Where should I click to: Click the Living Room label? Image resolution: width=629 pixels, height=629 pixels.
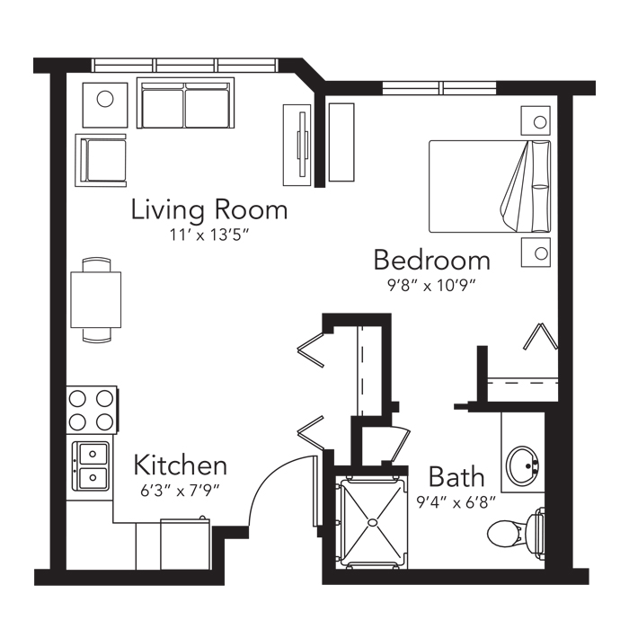pos(209,209)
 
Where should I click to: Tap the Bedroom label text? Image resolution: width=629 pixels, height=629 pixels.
pos(432,260)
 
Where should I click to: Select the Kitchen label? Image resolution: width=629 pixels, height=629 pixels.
pos(180,465)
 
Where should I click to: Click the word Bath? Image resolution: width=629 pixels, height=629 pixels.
pos(456,476)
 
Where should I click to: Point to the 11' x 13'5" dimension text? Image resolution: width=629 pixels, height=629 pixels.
pos(207,235)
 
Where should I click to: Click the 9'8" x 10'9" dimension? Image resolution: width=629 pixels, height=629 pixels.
pos(431,286)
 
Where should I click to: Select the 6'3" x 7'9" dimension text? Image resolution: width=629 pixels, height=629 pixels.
pos(180,491)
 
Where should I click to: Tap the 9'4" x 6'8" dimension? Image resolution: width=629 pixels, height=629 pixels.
pos(456,501)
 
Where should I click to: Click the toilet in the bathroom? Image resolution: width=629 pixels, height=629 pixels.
pos(516,533)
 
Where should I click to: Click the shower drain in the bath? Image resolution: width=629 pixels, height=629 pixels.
pos(372,522)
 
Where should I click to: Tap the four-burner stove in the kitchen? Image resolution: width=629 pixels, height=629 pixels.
pos(92,410)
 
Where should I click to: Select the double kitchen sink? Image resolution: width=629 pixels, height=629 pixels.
pos(90,466)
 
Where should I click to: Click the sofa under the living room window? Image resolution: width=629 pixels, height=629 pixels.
pos(185,103)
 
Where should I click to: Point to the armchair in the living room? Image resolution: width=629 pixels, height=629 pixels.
pos(102,161)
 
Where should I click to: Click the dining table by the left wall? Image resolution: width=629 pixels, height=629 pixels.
pos(96,299)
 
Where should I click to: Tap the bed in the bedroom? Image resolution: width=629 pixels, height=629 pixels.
pos(490,187)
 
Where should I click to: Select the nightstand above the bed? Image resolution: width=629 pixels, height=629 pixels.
pos(536,120)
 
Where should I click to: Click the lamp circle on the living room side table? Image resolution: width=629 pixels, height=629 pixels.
pos(105,99)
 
